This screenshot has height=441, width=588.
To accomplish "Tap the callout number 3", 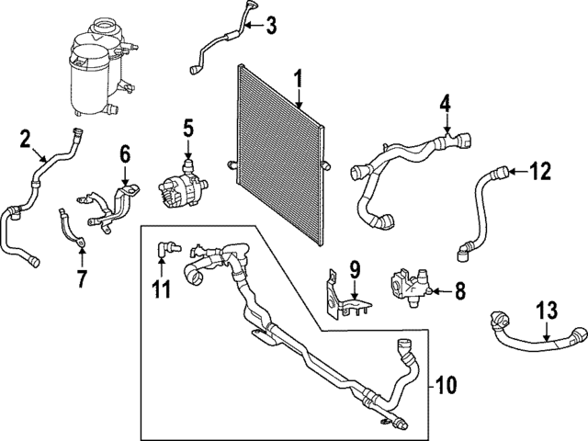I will coord(270,26).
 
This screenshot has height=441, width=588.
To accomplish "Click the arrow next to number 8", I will coord(437,291).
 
